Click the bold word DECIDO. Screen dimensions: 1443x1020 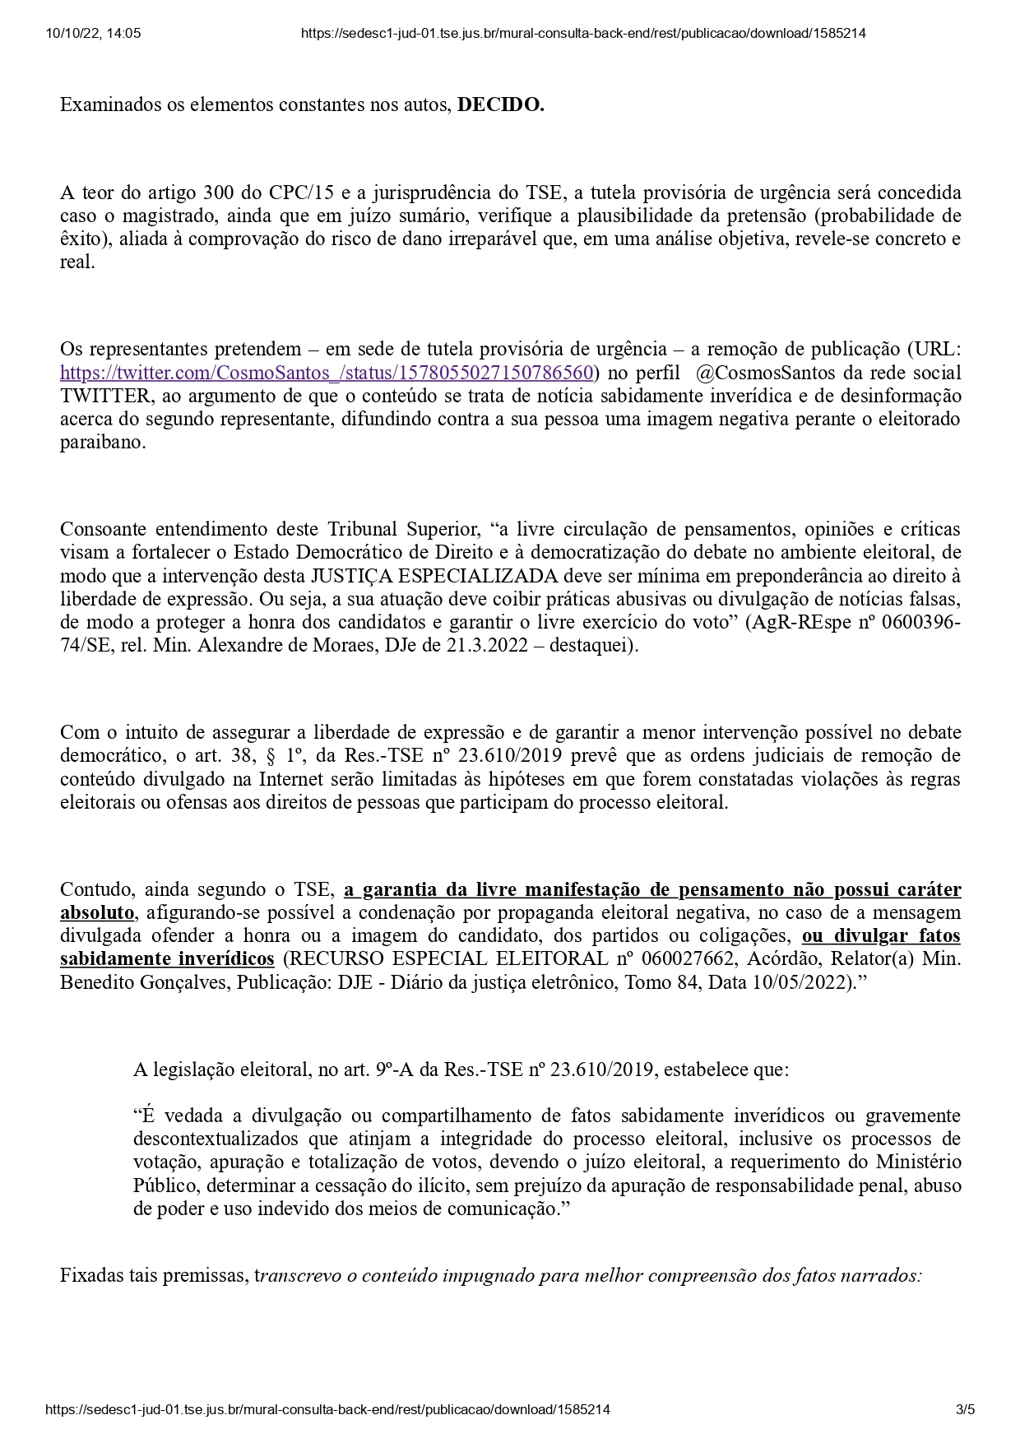pos(500,105)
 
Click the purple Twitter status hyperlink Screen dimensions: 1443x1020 pos(327,373)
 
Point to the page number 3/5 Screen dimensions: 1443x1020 pos(965,1409)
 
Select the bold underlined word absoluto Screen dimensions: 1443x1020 pos(97,912)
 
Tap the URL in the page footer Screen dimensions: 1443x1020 pos(328,1409)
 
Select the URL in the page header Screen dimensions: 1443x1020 pos(583,34)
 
